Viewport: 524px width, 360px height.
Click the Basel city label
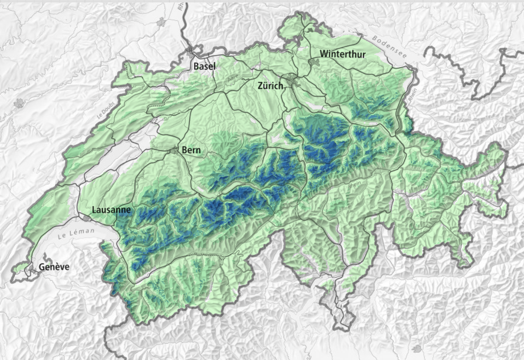pos(204,66)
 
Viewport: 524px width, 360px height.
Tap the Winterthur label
pos(343,54)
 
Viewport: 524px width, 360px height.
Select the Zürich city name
pos(270,85)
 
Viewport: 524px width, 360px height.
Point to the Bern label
pos(191,149)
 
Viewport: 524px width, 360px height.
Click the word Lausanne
pos(111,210)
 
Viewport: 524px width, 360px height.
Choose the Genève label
pos(54,267)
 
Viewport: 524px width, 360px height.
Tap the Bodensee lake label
pos(389,47)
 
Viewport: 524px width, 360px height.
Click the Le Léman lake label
pos(76,234)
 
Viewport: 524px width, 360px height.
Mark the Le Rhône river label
pos(146,271)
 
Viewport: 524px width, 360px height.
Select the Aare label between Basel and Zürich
pos(233,78)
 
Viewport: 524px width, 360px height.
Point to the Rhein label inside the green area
pos(354,186)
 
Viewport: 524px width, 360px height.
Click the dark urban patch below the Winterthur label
pos(314,62)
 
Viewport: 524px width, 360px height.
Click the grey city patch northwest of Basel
pos(161,22)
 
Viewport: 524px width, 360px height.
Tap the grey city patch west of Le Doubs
pos(19,103)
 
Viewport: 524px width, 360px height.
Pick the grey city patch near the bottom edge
pos(416,348)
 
